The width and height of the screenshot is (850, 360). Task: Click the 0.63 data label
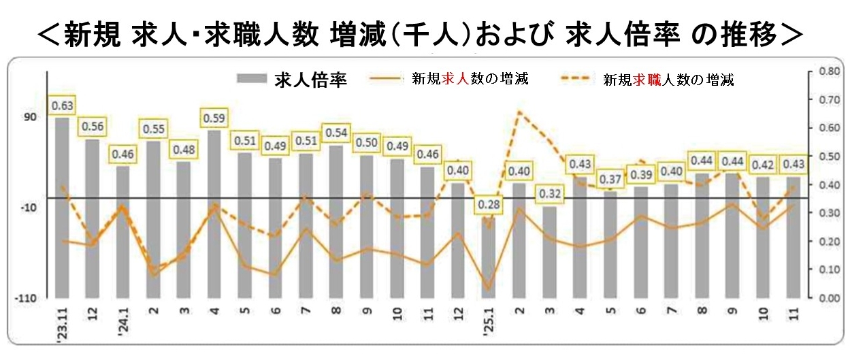pos(62,105)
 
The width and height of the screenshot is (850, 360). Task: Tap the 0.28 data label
pos(488,205)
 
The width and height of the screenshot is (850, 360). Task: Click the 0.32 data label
pos(549,194)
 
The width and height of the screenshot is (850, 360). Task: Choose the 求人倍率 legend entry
pos(292,80)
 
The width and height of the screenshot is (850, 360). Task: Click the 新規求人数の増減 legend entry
pos(449,79)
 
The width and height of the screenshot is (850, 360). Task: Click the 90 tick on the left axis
pos(31,117)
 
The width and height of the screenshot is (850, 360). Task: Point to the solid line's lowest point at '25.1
pos(488,289)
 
